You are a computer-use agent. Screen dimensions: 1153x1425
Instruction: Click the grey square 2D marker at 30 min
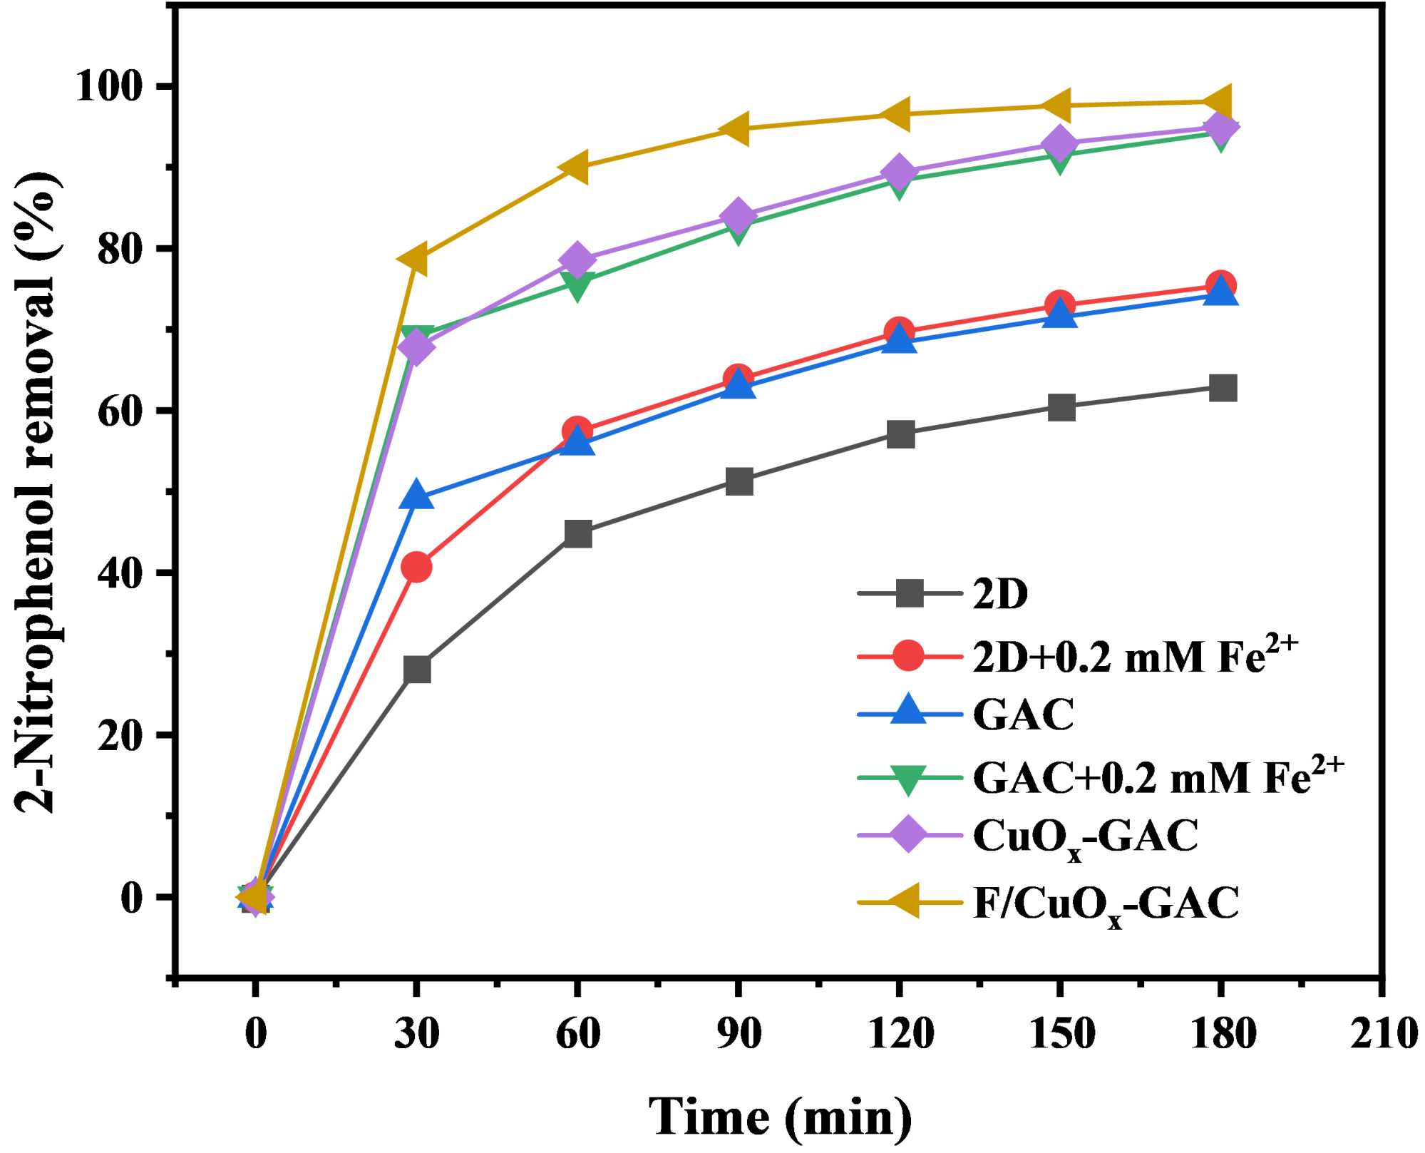tap(417, 670)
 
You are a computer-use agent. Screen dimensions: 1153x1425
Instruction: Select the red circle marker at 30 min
tap(416, 568)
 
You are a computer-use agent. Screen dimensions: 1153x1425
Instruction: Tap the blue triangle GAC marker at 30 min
tap(417, 495)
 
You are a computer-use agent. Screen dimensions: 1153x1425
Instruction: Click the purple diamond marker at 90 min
tap(739, 215)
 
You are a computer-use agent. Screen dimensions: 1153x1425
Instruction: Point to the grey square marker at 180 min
tap(1223, 388)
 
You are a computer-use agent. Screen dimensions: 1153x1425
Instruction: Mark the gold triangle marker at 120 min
tap(897, 115)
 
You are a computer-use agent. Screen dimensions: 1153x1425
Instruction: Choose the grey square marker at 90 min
tap(739, 481)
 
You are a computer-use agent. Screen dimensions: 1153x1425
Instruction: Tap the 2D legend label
tap(1000, 593)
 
